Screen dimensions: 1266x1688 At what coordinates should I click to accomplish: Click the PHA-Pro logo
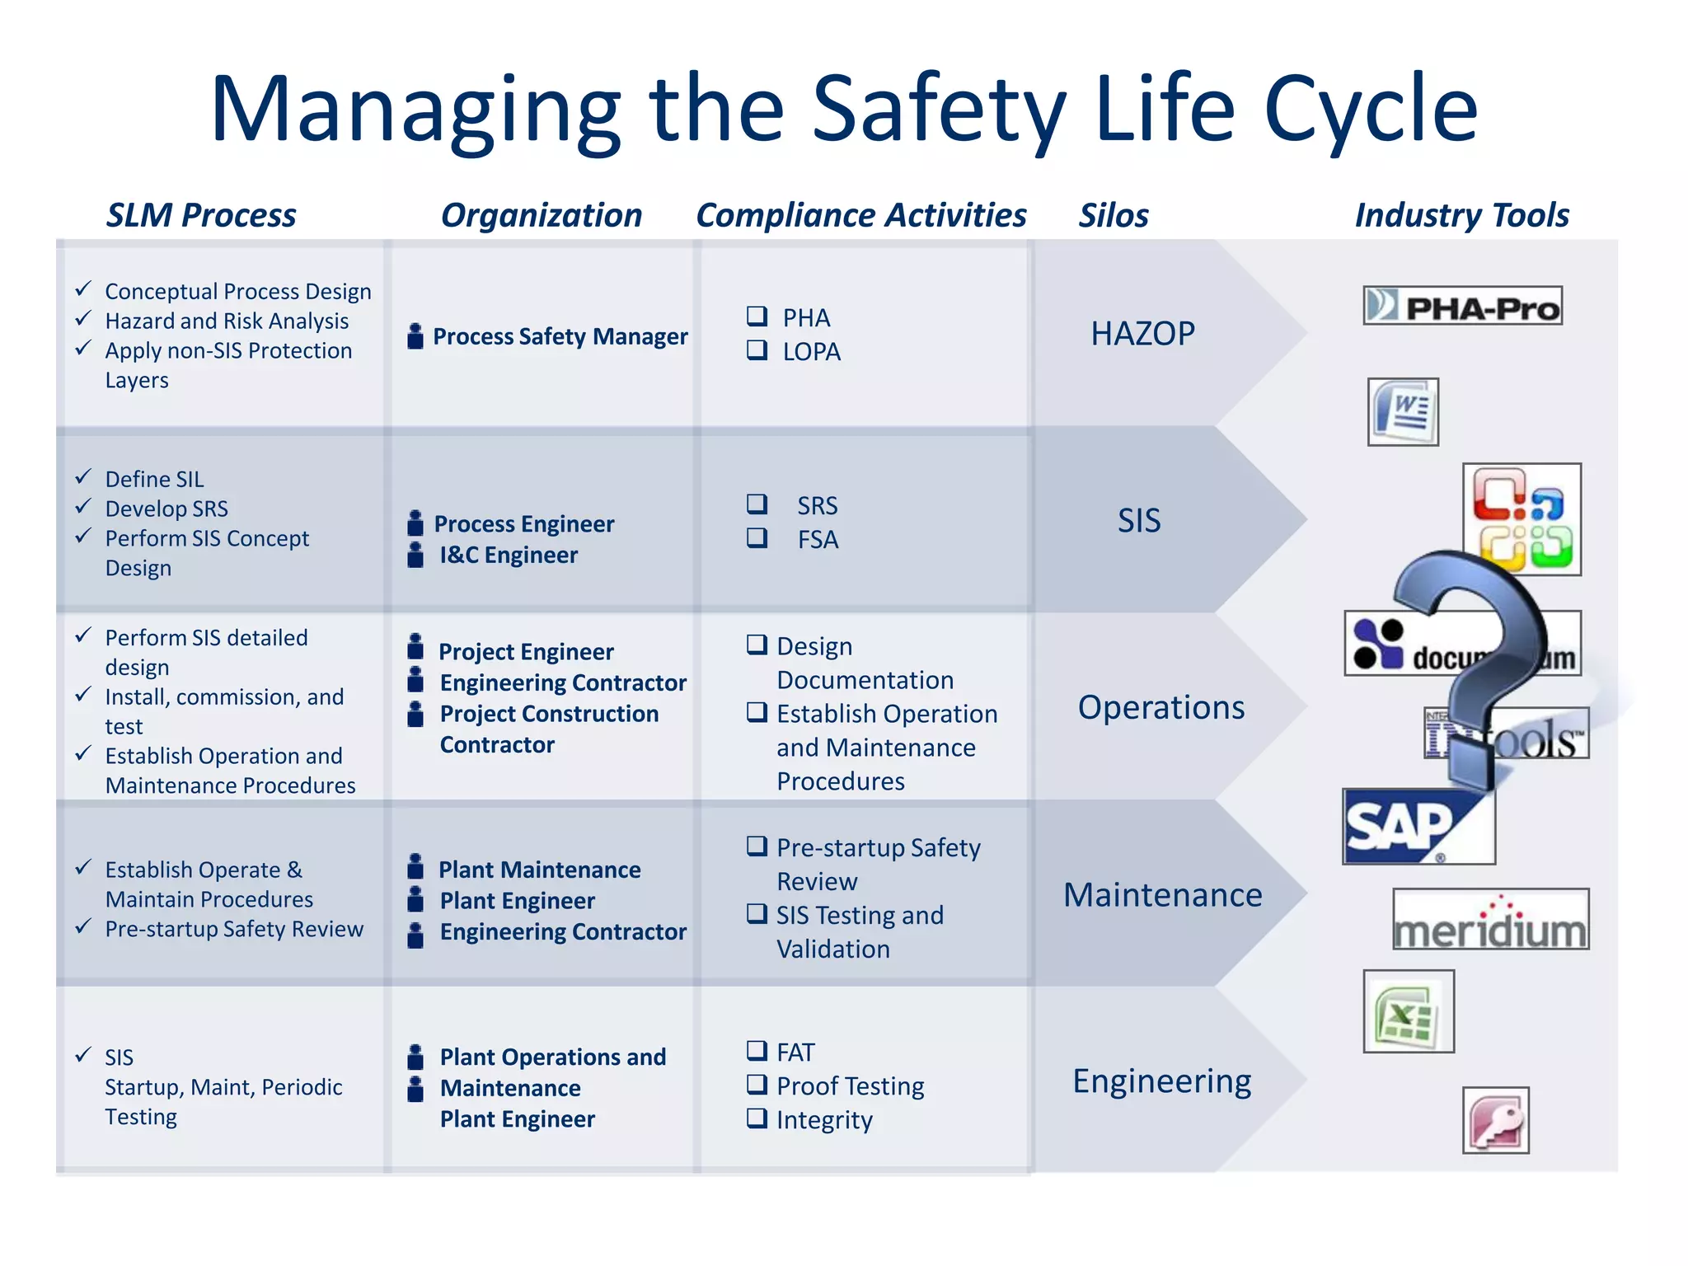tap(1462, 306)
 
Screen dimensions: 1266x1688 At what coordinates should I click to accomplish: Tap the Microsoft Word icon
tap(1403, 412)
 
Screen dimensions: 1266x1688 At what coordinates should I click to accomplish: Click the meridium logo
tap(1490, 920)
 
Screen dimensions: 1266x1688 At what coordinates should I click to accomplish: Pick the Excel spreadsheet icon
tap(1409, 1011)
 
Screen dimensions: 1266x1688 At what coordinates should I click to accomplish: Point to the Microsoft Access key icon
tap(1496, 1120)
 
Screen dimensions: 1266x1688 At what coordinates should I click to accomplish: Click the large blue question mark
tap(1475, 659)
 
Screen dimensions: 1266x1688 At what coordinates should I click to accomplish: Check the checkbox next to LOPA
tap(756, 350)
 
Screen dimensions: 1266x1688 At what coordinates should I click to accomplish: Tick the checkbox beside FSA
tap(756, 538)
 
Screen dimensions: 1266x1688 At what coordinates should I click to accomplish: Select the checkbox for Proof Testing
tap(756, 1085)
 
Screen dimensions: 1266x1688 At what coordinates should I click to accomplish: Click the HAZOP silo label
tap(1142, 334)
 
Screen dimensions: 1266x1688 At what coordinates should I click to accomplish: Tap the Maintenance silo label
tap(1162, 895)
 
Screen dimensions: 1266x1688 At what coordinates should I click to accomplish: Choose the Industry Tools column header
tap(1461, 215)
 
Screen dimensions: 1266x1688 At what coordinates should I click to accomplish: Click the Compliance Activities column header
tap(861, 215)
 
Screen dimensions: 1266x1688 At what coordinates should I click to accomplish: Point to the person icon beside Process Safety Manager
tap(416, 336)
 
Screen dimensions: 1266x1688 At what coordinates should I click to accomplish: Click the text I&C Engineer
tap(509, 556)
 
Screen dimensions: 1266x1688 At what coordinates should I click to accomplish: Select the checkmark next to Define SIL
tap(83, 477)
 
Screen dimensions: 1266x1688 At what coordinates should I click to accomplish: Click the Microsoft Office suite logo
tap(1522, 519)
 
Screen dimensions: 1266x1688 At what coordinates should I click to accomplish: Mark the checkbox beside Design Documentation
tap(756, 645)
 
